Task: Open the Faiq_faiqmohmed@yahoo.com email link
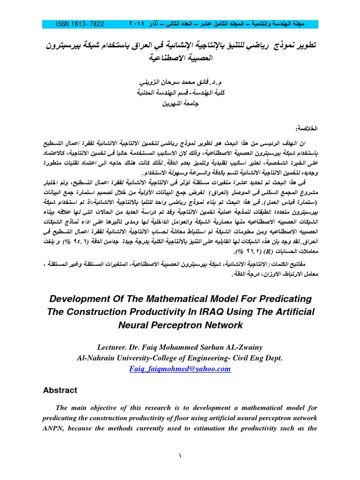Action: tap(180, 369)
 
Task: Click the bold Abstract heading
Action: tap(60, 390)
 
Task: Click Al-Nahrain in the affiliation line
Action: tap(98, 358)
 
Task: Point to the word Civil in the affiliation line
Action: tap(240, 358)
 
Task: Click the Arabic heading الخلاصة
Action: tap(304, 128)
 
